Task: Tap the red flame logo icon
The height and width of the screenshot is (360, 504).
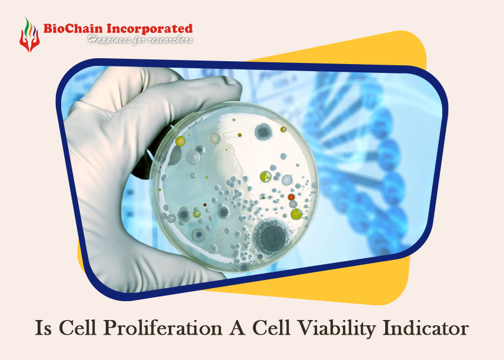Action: pos(28,34)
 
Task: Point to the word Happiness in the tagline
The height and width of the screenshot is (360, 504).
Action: pos(108,39)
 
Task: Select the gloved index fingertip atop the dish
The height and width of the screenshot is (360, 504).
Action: pos(226,88)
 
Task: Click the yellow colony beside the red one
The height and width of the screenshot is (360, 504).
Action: pos(296,214)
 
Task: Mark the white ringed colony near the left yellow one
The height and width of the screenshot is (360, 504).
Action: pos(193,156)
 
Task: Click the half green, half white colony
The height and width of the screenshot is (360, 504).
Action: pos(266,176)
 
